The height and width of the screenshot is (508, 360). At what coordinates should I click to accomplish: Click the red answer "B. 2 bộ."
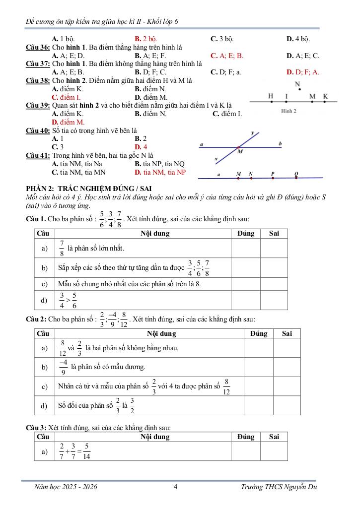pos(146,38)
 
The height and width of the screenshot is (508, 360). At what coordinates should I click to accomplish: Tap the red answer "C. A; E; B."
pos(227,56)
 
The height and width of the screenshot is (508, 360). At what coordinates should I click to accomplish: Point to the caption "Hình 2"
pos(288,111)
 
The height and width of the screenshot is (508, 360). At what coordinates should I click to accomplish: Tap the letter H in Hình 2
pos(271,96)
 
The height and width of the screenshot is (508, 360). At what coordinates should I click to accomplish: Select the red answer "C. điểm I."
pos(67,97)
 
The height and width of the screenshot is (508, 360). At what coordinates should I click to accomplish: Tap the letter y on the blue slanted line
pos(253,133)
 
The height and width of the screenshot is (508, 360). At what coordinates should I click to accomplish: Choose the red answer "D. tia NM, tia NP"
pos(160,172)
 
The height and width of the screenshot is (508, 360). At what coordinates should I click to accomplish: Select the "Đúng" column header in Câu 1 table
pos(246,233)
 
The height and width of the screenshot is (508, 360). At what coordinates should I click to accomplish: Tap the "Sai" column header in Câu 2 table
pos(287,334)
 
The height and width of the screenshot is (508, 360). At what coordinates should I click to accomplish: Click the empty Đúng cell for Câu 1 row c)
pos(246,284)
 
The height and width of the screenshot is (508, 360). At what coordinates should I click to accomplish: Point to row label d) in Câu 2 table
pos(45,405)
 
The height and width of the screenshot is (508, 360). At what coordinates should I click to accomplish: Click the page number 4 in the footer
pos(176,487)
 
